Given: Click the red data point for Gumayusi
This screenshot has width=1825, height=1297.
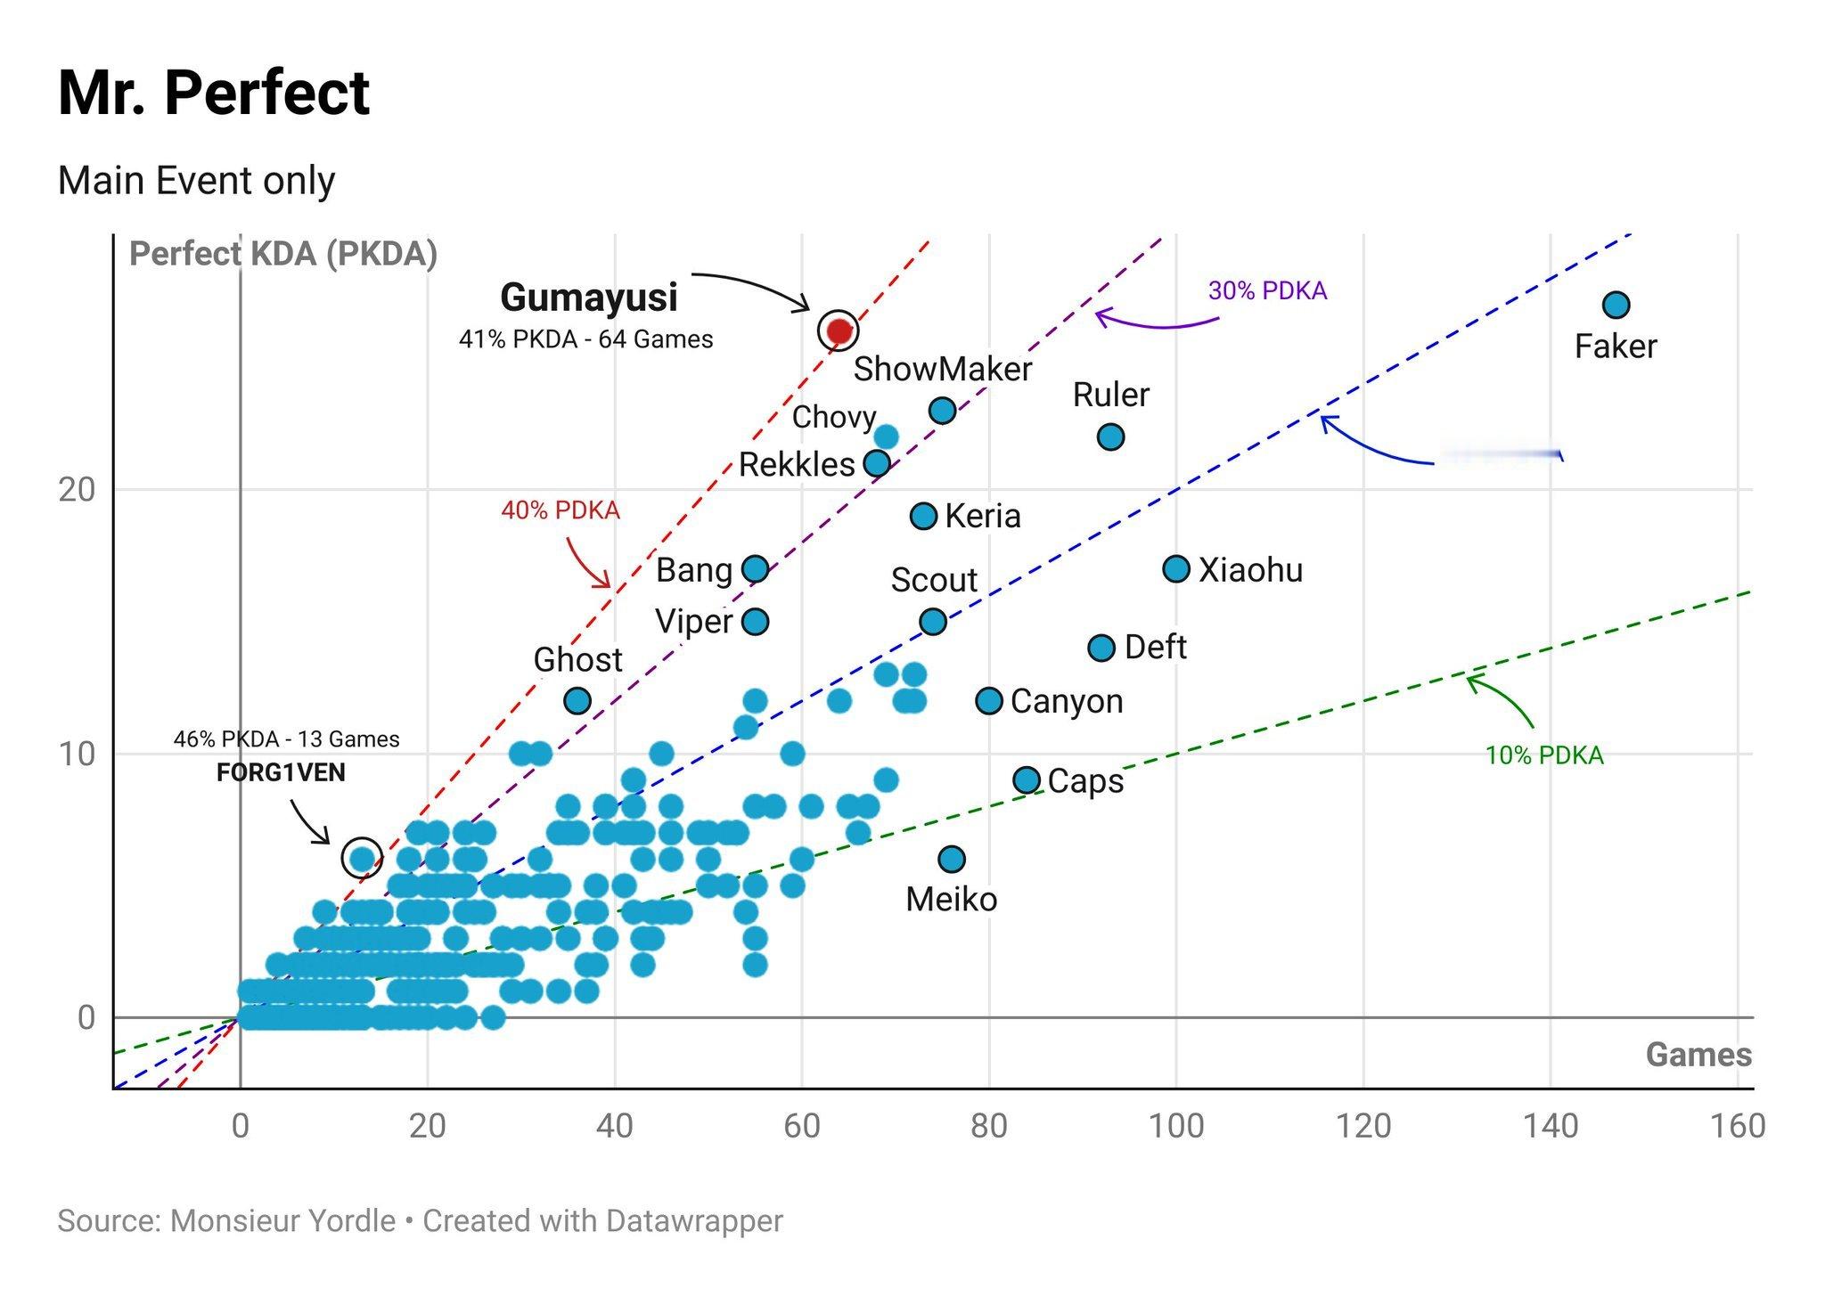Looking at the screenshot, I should tap(839, 330).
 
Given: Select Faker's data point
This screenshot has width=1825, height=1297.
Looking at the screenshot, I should tap(1616, 306).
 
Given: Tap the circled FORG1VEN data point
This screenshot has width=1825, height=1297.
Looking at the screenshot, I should tap(362, 858).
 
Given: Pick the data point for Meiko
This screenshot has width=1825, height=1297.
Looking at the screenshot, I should tap(952, 859).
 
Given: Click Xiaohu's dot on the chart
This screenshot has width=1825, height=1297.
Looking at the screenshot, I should tap(1176, 568).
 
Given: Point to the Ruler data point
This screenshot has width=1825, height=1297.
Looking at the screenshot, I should tap(1110, 436).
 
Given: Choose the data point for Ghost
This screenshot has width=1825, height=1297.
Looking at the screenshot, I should tap(577, 701).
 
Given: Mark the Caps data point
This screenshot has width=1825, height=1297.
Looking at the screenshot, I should tap(1027, 780).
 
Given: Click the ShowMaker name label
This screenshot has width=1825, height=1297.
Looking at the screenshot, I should tap(942, 369).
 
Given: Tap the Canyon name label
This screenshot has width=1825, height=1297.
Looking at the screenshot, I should tap(1067, 701).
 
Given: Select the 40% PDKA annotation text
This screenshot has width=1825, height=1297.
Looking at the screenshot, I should tap(560, 510).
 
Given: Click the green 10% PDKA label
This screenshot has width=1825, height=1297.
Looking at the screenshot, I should tap(1544, 755).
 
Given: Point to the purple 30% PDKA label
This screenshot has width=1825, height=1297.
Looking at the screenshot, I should tap(1267, 290).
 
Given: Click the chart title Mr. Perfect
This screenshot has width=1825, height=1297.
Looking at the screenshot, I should tap(214, 93).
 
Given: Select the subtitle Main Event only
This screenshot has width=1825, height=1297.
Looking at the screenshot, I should tap(196, 181).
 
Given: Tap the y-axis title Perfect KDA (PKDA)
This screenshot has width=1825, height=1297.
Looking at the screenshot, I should tap(283, 254).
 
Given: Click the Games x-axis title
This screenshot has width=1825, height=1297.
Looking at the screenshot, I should tap(1698, 1055).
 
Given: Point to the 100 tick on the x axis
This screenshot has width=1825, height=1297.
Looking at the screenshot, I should tap(1176, 1126).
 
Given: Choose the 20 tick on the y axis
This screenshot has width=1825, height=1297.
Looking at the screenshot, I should tap(77, 489).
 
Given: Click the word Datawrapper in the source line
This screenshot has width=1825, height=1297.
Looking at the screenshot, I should tap(692, 1220).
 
